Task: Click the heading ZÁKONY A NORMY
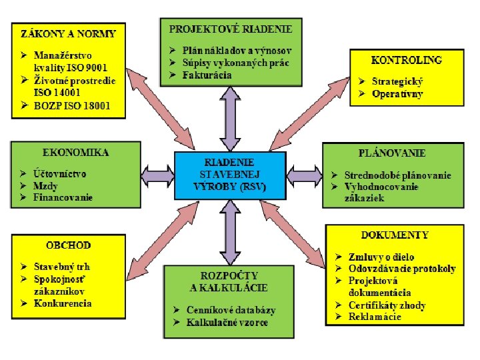pyautogui.click(x=69, y=33)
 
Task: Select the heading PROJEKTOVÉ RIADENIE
pyautogui.click(x=231, y=29)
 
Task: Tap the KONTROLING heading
pyautogui.click(x=406, y=59)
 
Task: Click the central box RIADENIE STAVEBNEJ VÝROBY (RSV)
pyautogui.click(x=230, y=175)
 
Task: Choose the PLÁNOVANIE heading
pyautogui.click(x=392, y=153)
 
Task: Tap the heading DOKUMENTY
pyautogui.click(x=395, y=235)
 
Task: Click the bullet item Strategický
pyautogui.click(x=397, y=81)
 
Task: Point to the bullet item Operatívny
pyautogui.click(x=397, y=93)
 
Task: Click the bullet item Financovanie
pyautogui.click(x=63, y=197)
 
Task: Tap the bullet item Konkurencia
pyautogui.click(x=63, y=303)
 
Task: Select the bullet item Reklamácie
pyautogui.click(x=375, y=317)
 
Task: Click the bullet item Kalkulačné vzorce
pyautogui.click(x=227, y=323)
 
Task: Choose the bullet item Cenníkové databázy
pyautogui.click(x=231, y=310)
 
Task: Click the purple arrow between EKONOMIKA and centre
pyautogui.click(x=157, y=175)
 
